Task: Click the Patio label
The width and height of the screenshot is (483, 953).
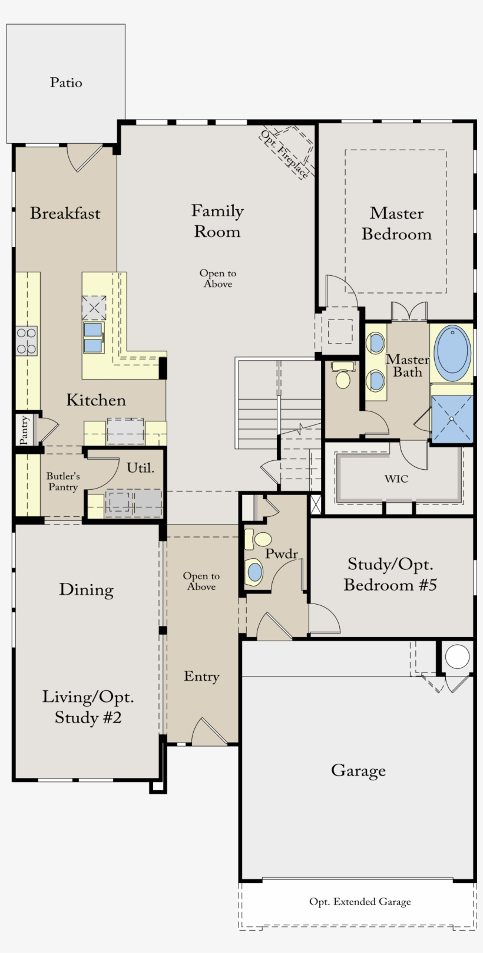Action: pos(66,83)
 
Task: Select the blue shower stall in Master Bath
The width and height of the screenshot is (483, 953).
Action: pos(452,418)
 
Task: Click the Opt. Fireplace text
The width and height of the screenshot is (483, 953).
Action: pos(285,154)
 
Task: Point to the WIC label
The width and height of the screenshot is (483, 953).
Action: pos(396,479)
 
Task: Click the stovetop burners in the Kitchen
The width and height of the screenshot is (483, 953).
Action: pos(27,341)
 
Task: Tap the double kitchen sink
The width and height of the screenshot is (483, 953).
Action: pos(93,337)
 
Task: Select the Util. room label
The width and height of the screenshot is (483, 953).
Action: pos(140,468)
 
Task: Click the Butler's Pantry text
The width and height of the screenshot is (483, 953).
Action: pos(63,482)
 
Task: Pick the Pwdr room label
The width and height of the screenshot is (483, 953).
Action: pos(281,554)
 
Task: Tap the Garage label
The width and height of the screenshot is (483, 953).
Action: pos(358,770)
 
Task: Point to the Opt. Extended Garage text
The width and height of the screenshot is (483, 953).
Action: pos(360,902)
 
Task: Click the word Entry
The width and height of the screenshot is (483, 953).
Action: pos(201,677)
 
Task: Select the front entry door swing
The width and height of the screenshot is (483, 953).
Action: pos(209,732)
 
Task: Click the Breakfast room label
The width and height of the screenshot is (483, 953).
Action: pos(65,213)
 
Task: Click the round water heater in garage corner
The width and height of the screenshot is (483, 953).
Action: pos(457,657)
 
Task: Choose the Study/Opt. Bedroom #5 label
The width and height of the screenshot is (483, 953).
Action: pos(390,575)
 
